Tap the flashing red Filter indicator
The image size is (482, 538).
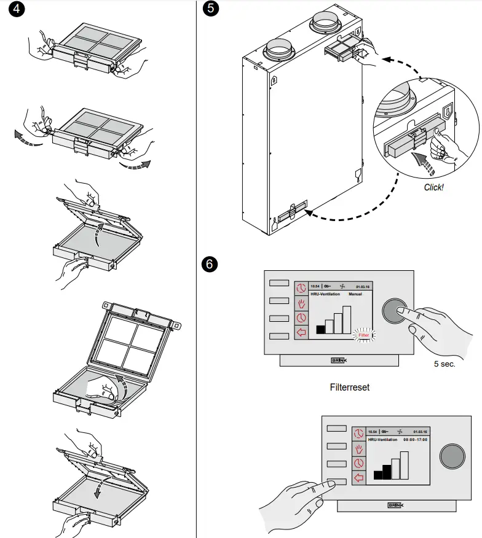pos(364,335)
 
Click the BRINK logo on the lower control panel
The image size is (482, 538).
pos(396,505)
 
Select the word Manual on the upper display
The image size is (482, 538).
pos(355,295)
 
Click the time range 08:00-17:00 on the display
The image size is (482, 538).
pos(415,440)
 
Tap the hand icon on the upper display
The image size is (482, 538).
pos(301,303)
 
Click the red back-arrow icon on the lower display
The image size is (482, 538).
pos(359,477)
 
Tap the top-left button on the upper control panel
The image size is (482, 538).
pos(279,283)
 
